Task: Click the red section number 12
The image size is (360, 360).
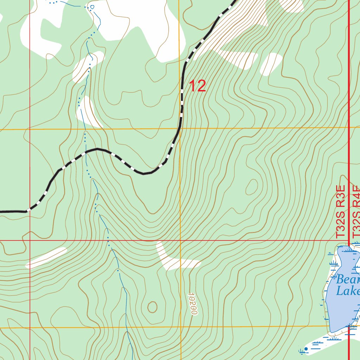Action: point(198,86)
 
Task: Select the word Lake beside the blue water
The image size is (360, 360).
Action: point(348,291)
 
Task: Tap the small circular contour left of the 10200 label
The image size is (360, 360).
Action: point(152,307)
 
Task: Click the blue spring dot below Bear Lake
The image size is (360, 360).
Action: point(306,349)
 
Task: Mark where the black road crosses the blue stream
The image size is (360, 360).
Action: point(85,152)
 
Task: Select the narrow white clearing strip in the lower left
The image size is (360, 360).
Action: point(46,258)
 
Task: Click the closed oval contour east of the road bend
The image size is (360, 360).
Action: point(251,187)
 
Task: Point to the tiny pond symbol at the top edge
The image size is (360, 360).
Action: point(92,7)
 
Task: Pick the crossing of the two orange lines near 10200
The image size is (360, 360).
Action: point(181,327)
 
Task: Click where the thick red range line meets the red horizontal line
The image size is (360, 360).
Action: point(349,241)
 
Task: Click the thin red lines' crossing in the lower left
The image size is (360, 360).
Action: point(30,241)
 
